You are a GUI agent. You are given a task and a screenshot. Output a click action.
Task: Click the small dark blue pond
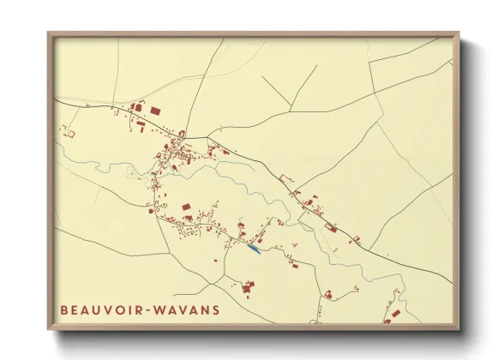tap(253, 249)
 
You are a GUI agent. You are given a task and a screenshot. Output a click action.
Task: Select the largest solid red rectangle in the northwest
tap(156, 111)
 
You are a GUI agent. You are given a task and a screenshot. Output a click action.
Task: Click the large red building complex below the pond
tap(249, 287)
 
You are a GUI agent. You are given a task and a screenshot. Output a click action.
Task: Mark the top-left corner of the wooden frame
tap(49, 34)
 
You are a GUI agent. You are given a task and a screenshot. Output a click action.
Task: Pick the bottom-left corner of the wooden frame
tap(49, 329)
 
